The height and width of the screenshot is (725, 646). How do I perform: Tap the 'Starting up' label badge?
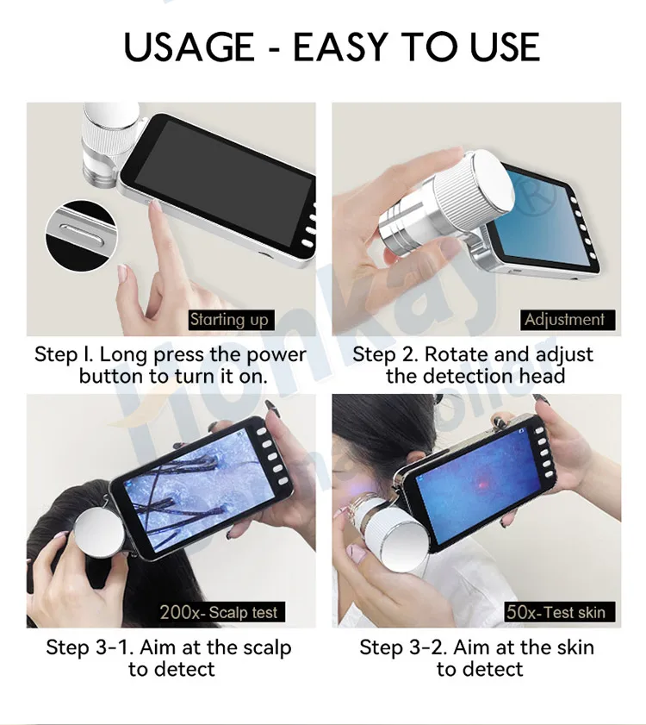pos(229,320)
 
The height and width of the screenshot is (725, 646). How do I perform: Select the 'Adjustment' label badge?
pos(564,320)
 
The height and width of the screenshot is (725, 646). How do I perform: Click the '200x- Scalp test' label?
pos(220,612)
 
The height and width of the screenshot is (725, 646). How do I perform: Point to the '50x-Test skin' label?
pos(556,612)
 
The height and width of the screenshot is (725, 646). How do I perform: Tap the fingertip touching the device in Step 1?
pos(154,205)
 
